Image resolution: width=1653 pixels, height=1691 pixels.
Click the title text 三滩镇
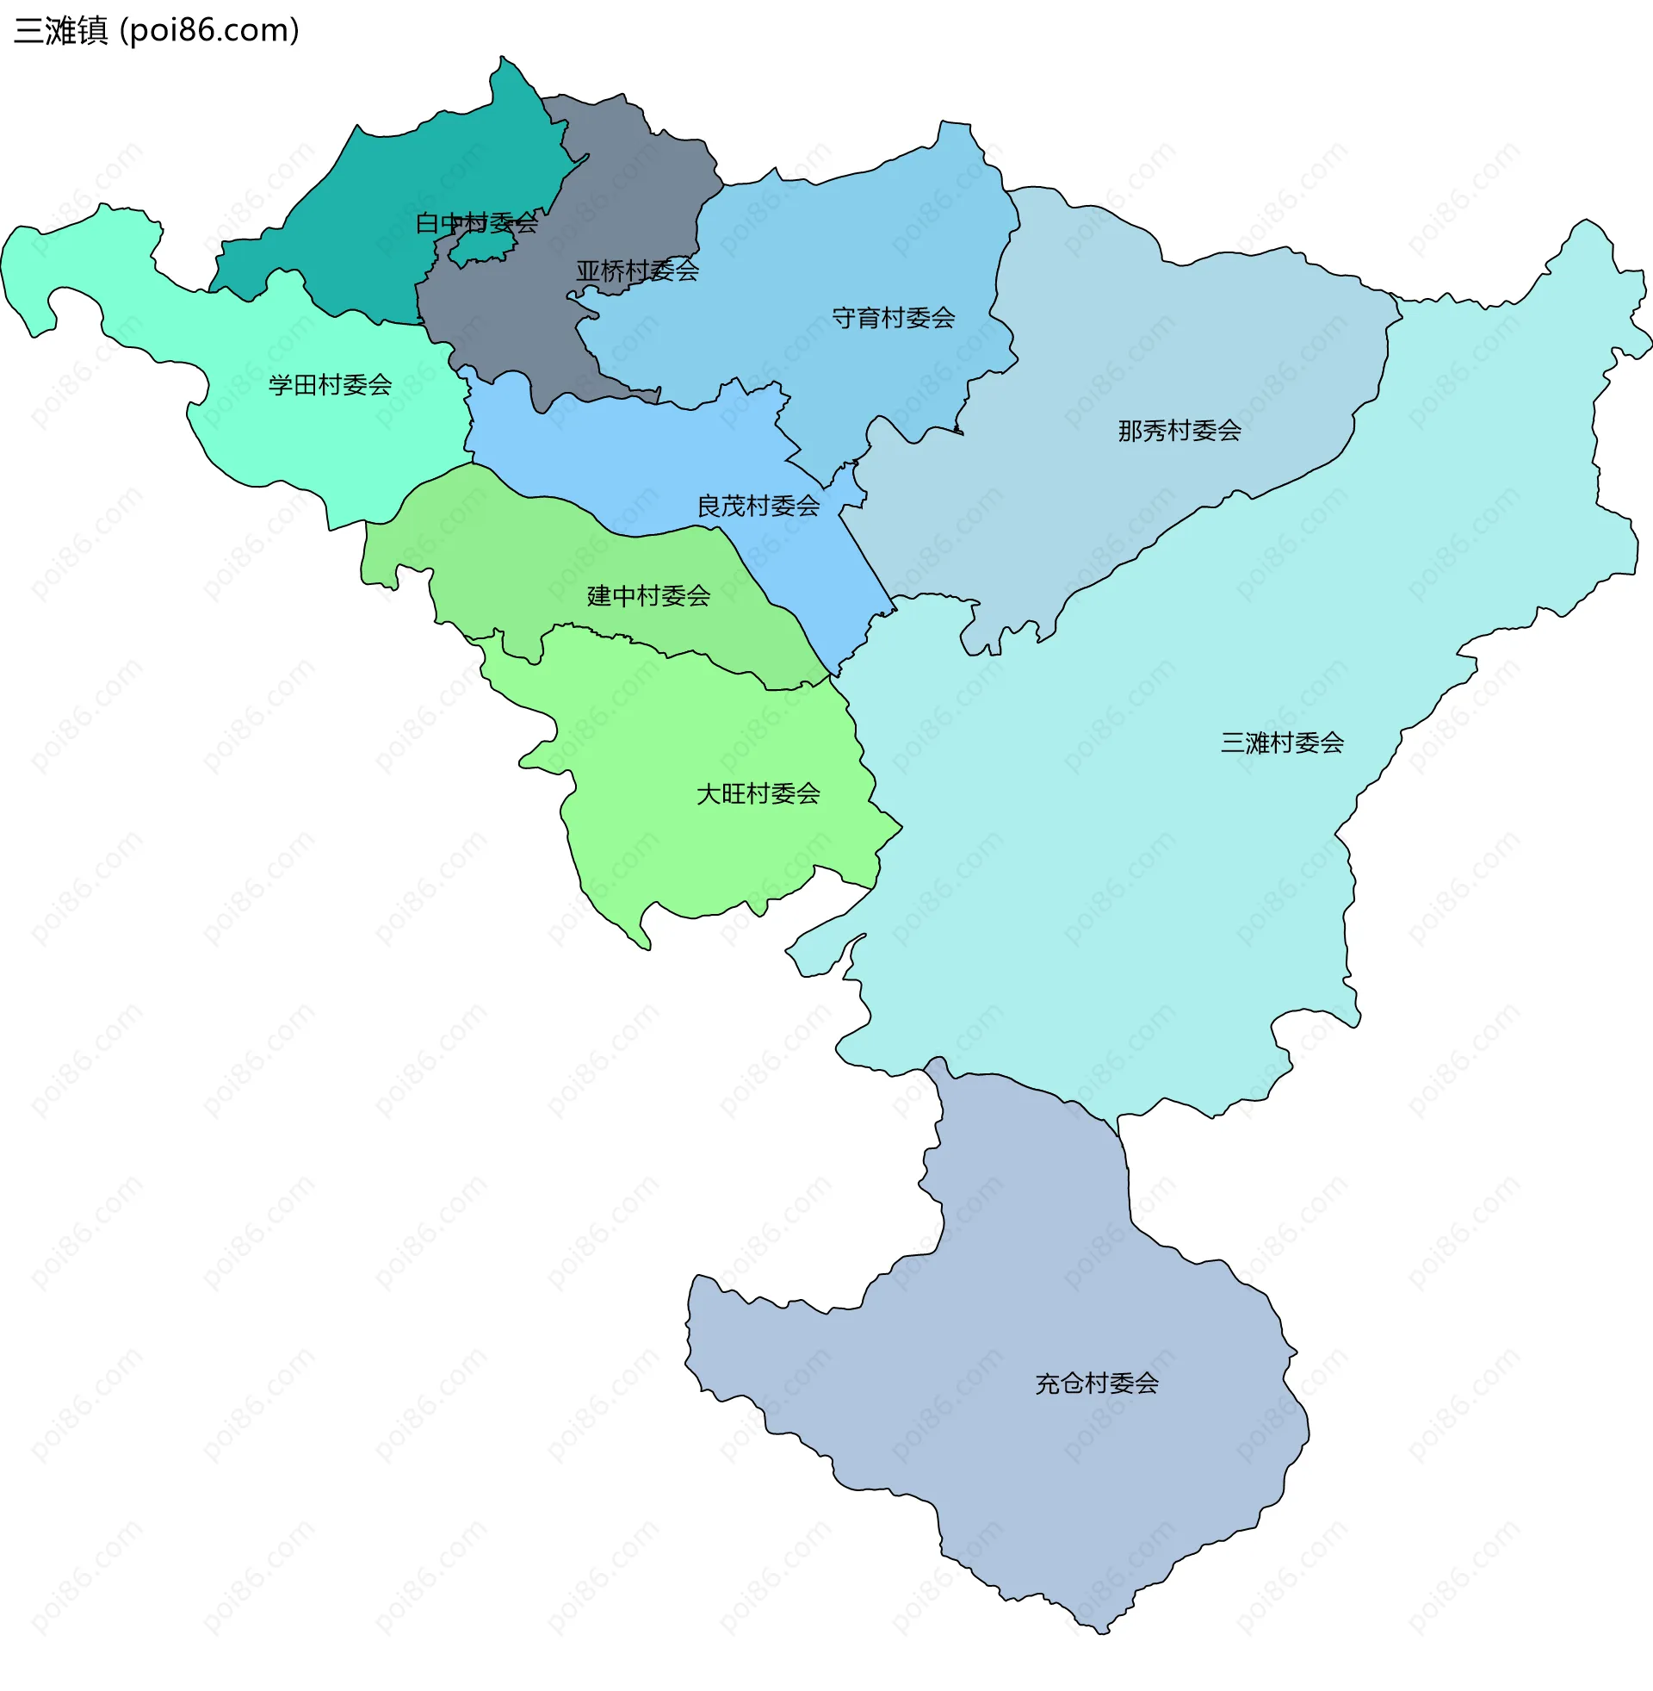point(61,30)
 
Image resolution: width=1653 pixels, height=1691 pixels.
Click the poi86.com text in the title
point(209,30)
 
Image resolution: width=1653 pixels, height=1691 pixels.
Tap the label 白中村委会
point(477,223)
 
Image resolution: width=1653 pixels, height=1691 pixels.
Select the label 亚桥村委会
point(637,271)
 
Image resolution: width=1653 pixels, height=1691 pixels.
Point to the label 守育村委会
point(894,318)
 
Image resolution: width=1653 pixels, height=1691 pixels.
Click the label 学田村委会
point(330,385)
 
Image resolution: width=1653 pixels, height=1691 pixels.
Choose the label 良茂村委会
point(758,507)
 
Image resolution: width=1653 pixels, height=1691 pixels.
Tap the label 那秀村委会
point(1179,431)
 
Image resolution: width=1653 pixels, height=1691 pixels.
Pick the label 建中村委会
point(648,596)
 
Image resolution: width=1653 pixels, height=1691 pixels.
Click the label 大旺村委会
point(758,794)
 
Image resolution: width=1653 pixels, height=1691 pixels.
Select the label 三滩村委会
point(1281,743)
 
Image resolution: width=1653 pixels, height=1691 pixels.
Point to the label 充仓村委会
point(1097,1383)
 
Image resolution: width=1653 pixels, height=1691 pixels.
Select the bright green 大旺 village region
point(695,851)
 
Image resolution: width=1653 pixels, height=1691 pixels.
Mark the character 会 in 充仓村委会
point(1147,1383)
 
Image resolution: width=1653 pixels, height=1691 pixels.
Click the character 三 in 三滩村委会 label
point(1232,743)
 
